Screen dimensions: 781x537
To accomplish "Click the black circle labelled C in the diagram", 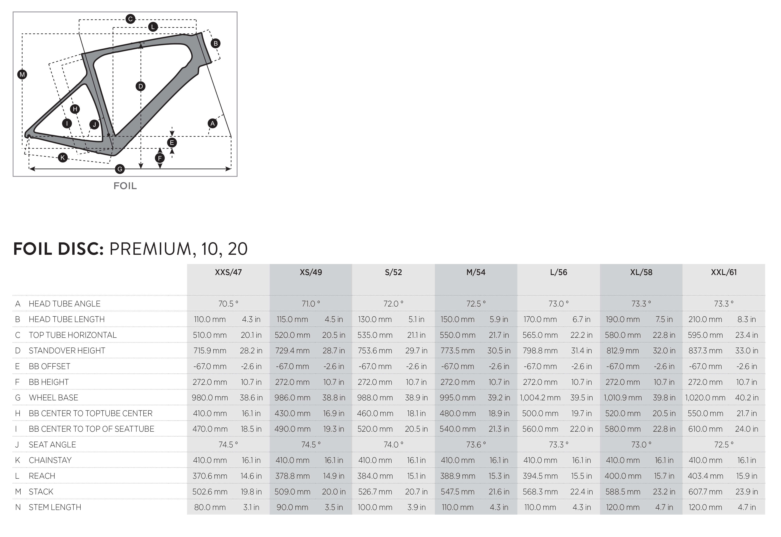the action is pyautogui.click(x=131, y=19).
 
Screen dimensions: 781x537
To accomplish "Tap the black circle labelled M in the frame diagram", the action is pyautogui.click(x=22, y=74).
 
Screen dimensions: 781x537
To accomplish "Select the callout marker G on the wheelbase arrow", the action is pyautogui.click(x=120, y=169).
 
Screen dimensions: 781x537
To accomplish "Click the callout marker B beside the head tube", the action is pyautogui.click(x=216, y=43).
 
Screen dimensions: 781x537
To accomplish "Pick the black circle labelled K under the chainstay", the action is pyautogui.click(x=63, y=157).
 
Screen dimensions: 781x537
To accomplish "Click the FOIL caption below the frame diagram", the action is pyautogui.click(x=125, y=186).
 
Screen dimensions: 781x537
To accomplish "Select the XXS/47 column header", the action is pyautogui.click(x=228, y=272).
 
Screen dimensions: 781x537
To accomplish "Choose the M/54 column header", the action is pyautogui.click(x=476, y=272).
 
